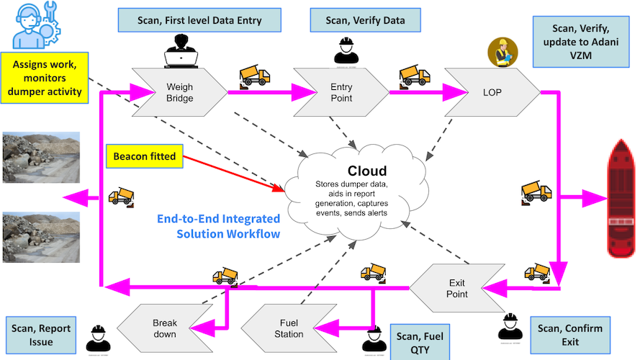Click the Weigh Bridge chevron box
179,92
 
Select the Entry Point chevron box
341,92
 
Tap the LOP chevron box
490,92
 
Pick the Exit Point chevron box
455,288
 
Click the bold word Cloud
367,171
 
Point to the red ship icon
621,197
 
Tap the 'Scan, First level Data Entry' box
199,20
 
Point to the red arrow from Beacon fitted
230,174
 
